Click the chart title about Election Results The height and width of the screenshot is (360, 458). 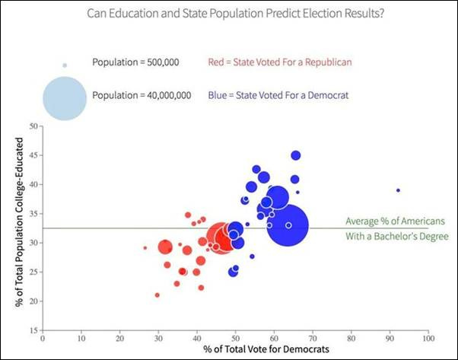click(x=228, y=13)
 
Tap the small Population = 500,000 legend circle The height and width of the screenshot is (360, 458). click(x=65, y=65)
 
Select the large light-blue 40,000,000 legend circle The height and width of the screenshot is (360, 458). click(x=65, y=97)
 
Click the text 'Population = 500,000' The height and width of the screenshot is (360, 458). click(x=135, y=62)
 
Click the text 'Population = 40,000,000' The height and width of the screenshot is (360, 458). click(x=141, y=96)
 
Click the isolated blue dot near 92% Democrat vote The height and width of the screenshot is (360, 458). click(x=398, y=190)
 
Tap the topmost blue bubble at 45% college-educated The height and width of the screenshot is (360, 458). click(x=296, y=155)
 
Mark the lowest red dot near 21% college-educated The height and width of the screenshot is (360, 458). click(x=157, y=295)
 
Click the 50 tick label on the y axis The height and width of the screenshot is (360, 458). click(x=33, y=126)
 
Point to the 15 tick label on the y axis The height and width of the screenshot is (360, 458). click(x=33, y=330)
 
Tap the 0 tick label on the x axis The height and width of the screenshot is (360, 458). click(x=43, y=339)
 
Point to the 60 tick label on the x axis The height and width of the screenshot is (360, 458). click(x=274, y=339)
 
